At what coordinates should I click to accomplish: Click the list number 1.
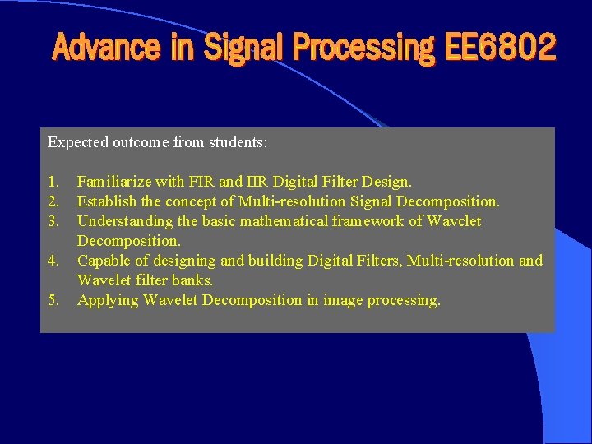53,181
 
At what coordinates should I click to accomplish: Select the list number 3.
53,220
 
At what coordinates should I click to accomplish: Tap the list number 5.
53,299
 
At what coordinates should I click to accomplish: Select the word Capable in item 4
104,261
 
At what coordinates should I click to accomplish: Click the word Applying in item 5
108,300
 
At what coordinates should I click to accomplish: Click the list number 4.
53,261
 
